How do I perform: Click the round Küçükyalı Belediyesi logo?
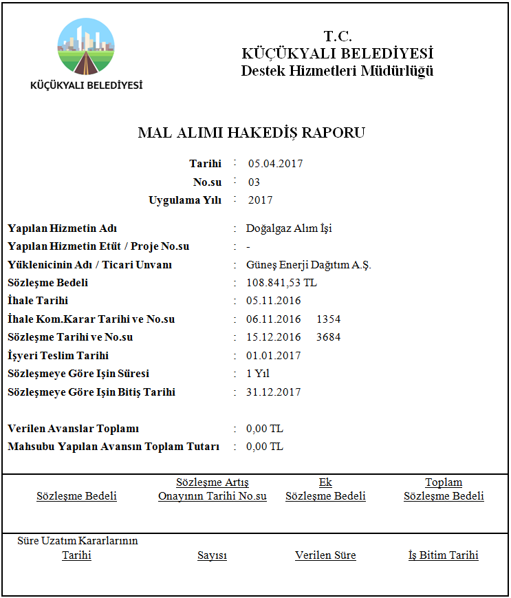click(87, 47)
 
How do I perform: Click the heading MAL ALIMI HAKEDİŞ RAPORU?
click(251, 133)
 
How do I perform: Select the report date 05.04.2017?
click(275, 164)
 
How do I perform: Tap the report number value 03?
click(254, 182)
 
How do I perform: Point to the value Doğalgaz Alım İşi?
click(289, 228)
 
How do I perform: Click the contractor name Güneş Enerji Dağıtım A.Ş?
click(308, 265)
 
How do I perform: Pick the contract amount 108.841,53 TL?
click(281, 283)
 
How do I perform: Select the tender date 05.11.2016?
click(273, 301)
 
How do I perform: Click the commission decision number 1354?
click(328, 319)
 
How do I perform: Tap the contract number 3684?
click(328, 337)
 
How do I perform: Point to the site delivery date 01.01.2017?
click(273, 356)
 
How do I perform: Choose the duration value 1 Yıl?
click(257, 374)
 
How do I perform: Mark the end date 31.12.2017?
click(273, 392)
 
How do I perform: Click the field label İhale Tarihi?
click(38, 301)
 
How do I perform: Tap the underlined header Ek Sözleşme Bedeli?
click(325, 489)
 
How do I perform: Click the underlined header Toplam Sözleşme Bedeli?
click(444, 489)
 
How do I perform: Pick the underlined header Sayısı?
click(212, 555)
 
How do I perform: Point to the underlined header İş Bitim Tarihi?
click(443, 555)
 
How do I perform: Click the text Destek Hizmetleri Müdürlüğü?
click(337, 71)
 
